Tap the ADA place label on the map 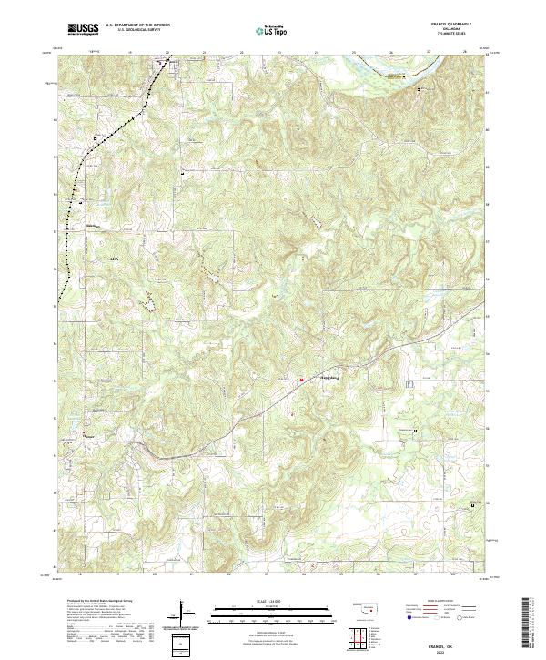tap(114, 259)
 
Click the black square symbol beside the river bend tap(419, 90)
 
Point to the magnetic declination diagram tap(185, 614)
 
